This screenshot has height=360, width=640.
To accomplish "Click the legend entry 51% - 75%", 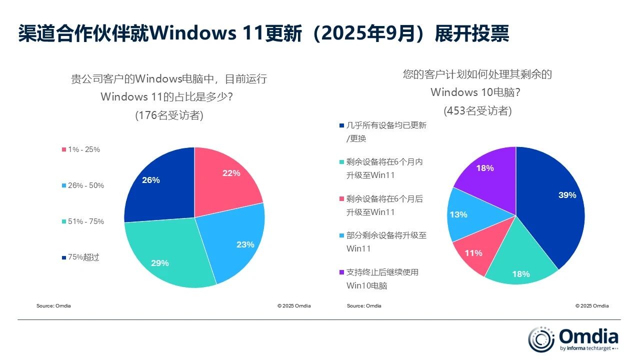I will (x=85, y=221).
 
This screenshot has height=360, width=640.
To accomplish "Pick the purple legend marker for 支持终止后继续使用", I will (x=341, y=272).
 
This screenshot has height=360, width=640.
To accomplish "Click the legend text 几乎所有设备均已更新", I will (x=386, y=125).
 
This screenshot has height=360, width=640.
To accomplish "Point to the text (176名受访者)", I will (x=169, y=115).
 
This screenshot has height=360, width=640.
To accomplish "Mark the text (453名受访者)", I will (x=477, y=111).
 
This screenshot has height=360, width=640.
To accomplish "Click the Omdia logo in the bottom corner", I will (x=573, y=338).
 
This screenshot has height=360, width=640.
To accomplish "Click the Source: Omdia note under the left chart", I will (x=53, y=306).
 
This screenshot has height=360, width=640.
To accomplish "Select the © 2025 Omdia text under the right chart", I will (x=592, y=306).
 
